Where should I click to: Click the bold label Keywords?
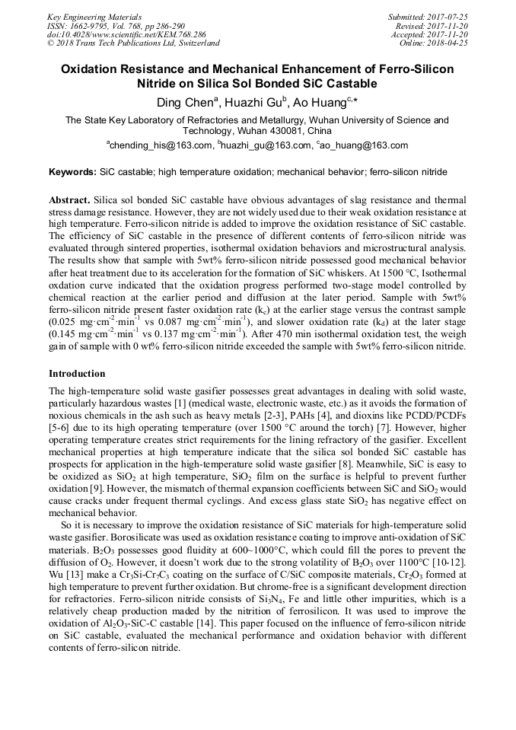72,173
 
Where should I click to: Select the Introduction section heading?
77,374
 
